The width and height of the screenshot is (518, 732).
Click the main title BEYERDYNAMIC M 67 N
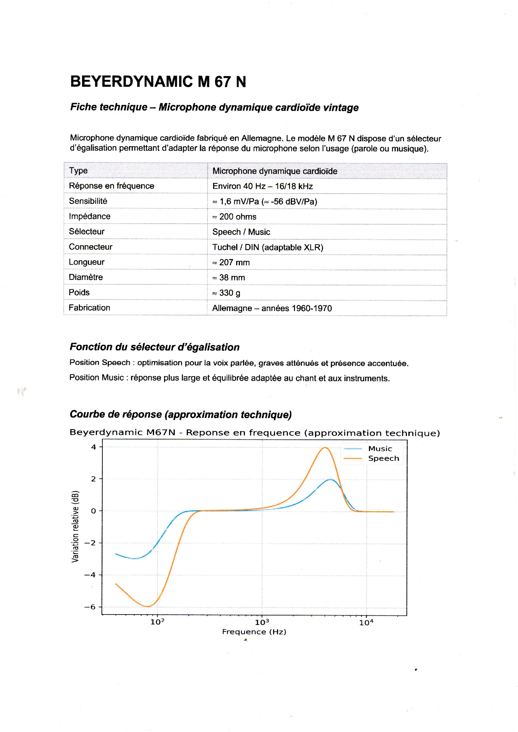tap(158, 82)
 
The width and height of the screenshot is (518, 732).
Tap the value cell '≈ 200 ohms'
tap(235, 217)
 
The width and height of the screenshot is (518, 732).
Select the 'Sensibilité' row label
tap(88, 201)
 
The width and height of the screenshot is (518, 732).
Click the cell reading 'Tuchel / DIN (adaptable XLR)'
tap(267, 247)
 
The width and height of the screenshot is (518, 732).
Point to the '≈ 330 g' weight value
tap(226, 293)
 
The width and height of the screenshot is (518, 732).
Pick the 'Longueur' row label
tap(86, 262)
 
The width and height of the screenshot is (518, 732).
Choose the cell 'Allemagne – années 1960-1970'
tap(272, 308)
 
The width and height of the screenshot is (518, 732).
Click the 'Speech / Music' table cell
tap(241, 232)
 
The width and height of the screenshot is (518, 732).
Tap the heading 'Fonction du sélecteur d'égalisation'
tap(154, 347)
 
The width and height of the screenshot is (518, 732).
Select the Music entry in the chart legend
tap(380, 449)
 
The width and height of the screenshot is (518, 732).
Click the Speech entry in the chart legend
tap(383, 459)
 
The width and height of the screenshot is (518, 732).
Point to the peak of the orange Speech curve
tap(325, 448)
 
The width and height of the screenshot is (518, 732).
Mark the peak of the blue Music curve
tap(330, 480)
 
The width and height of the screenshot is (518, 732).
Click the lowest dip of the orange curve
tap(148, 606)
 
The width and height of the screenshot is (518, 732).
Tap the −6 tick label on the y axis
tap(90, 607)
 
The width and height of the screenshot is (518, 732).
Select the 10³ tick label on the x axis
tap(262, 622)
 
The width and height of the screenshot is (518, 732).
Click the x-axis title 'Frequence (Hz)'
tap(254, 632)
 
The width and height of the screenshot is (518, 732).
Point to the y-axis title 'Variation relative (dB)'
tap(75, 526)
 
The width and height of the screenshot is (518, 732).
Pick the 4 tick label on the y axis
tap(93, 447)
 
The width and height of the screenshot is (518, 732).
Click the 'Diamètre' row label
tap(86, 277)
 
